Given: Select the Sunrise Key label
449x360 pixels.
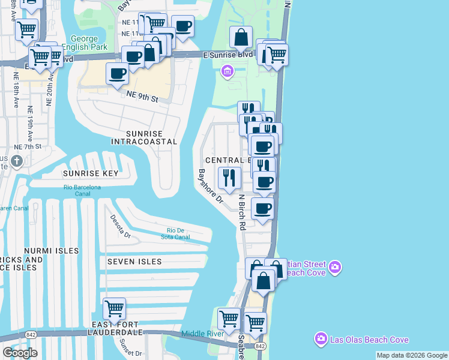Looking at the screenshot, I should (x=90, y=173).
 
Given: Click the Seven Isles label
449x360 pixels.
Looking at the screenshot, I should (x=134, y=262).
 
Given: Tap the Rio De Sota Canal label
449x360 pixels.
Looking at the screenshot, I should (x=179, y=234).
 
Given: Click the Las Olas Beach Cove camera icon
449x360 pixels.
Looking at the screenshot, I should (x=321, y=340).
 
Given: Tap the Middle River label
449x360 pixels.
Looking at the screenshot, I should (x=203, y=334).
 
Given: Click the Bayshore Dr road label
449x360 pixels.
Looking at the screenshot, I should (x=211, y=187).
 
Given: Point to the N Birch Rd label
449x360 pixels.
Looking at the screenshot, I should (x=242, y=212).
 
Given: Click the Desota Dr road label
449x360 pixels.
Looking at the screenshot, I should (x=119, y=227).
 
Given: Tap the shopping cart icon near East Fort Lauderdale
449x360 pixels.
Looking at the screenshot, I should (x=114, y=309).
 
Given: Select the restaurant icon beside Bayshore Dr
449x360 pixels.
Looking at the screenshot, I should (x=229, y=178).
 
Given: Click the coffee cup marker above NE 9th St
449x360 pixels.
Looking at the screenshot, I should (x=117, y=74).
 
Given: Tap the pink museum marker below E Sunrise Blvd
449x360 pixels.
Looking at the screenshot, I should (x=227, y=73).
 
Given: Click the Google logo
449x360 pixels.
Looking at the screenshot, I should (x=20, y=353).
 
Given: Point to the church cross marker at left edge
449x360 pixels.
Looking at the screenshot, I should (x=17, y=161).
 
